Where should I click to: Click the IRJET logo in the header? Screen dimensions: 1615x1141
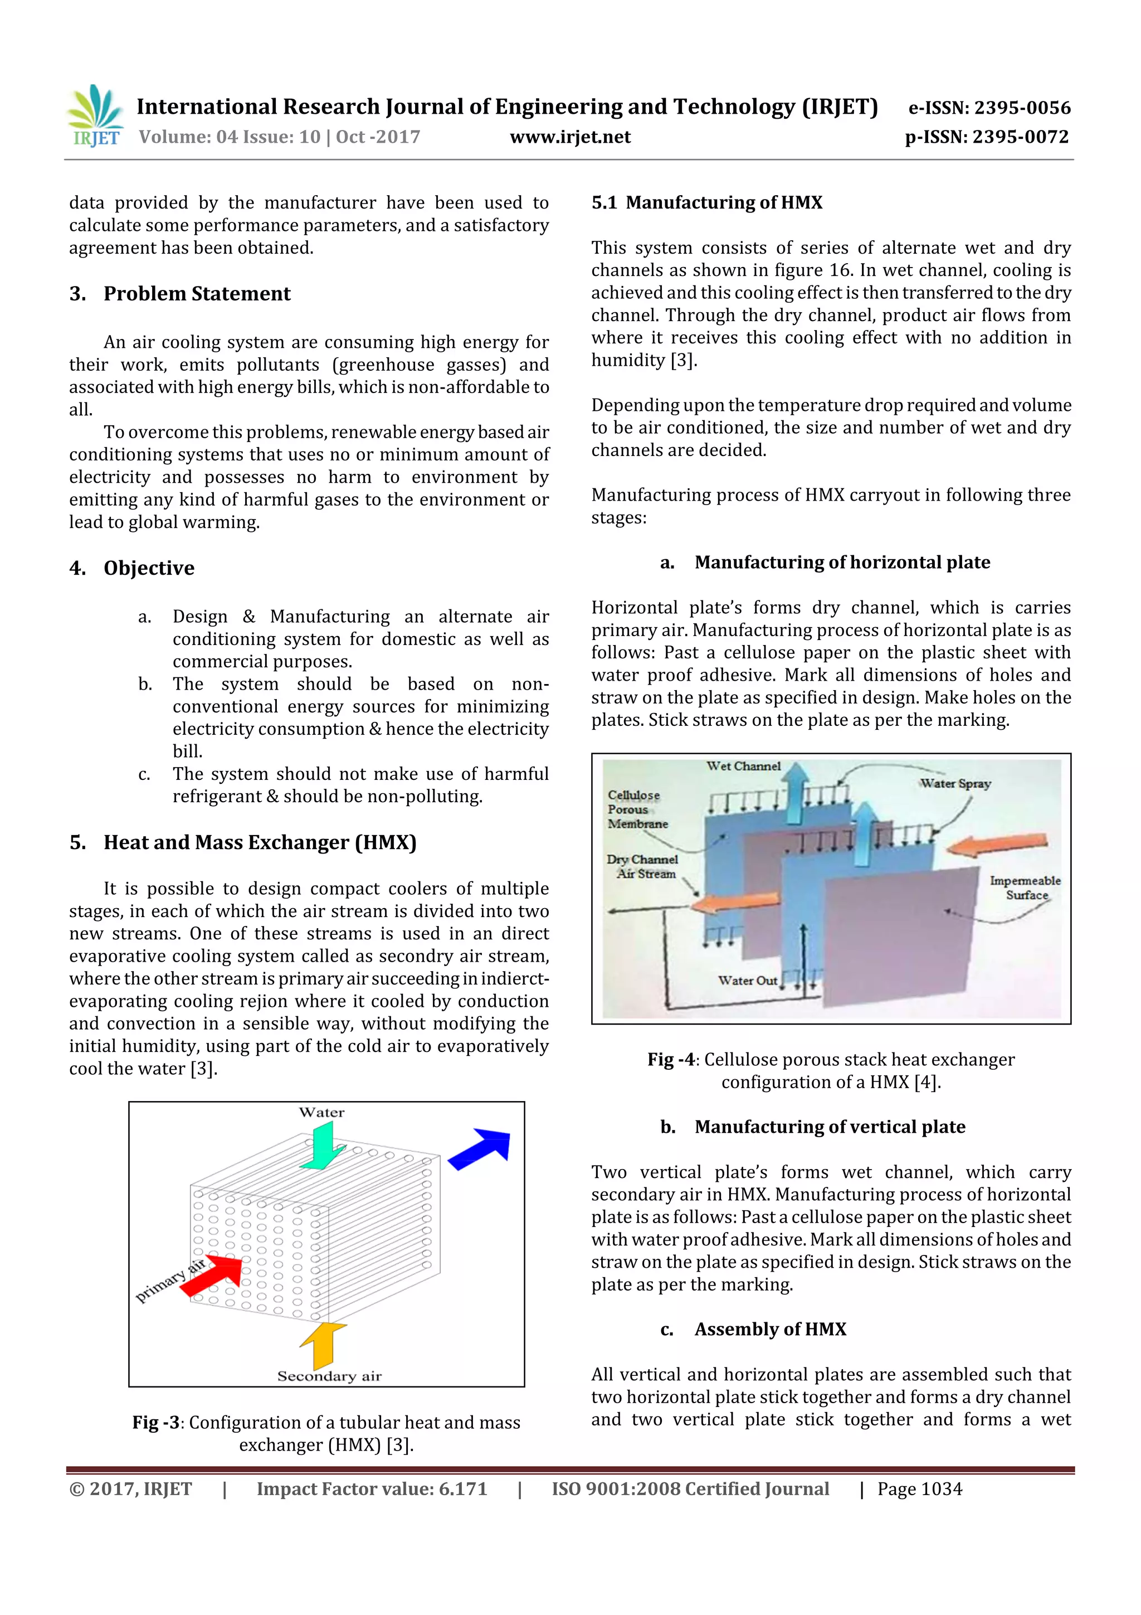click(x=95, y=116)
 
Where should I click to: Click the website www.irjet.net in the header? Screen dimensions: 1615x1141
click(x=569, y=137)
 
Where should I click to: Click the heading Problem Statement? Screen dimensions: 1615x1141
click(x=197, y=293)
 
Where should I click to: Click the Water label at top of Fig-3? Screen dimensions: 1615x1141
click(x=321, y=1112)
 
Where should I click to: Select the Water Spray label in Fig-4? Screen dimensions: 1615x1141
click(x=955, y=784)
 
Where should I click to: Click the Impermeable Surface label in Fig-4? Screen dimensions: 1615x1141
click(x=1025, y=887)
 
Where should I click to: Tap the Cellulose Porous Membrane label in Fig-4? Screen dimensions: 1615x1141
click(x=636, y=809)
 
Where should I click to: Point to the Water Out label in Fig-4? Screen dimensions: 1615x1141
click(x=747, y=980)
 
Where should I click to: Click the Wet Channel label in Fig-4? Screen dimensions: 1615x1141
click(x=743, y=766)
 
